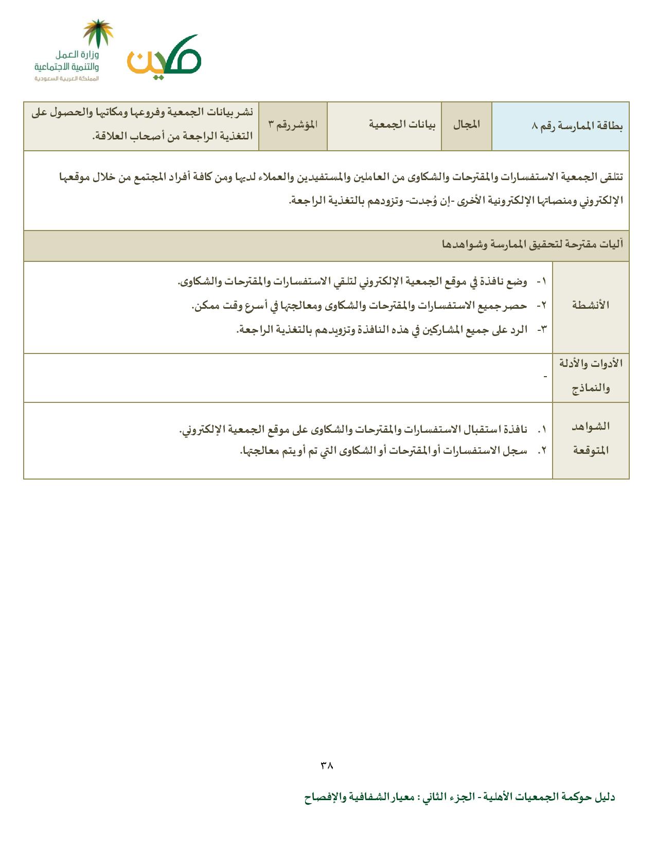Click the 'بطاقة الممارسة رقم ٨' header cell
tap(578, 126)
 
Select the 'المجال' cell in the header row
tap(467, 125)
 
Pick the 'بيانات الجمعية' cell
tap(402, 125)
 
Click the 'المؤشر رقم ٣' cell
tap(293, 125)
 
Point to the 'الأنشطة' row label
tap(591, 305)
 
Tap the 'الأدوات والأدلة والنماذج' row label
tap(591, 377)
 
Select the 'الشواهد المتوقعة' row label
tap(591, 438)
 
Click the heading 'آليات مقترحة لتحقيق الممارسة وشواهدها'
tap(533, 244)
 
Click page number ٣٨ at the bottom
tap(327, 765)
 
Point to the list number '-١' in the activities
tap(541, 282)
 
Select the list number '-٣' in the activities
tap(541, 329)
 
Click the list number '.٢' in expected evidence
tap(542, 451)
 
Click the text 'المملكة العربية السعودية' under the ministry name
tap(66, 79)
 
